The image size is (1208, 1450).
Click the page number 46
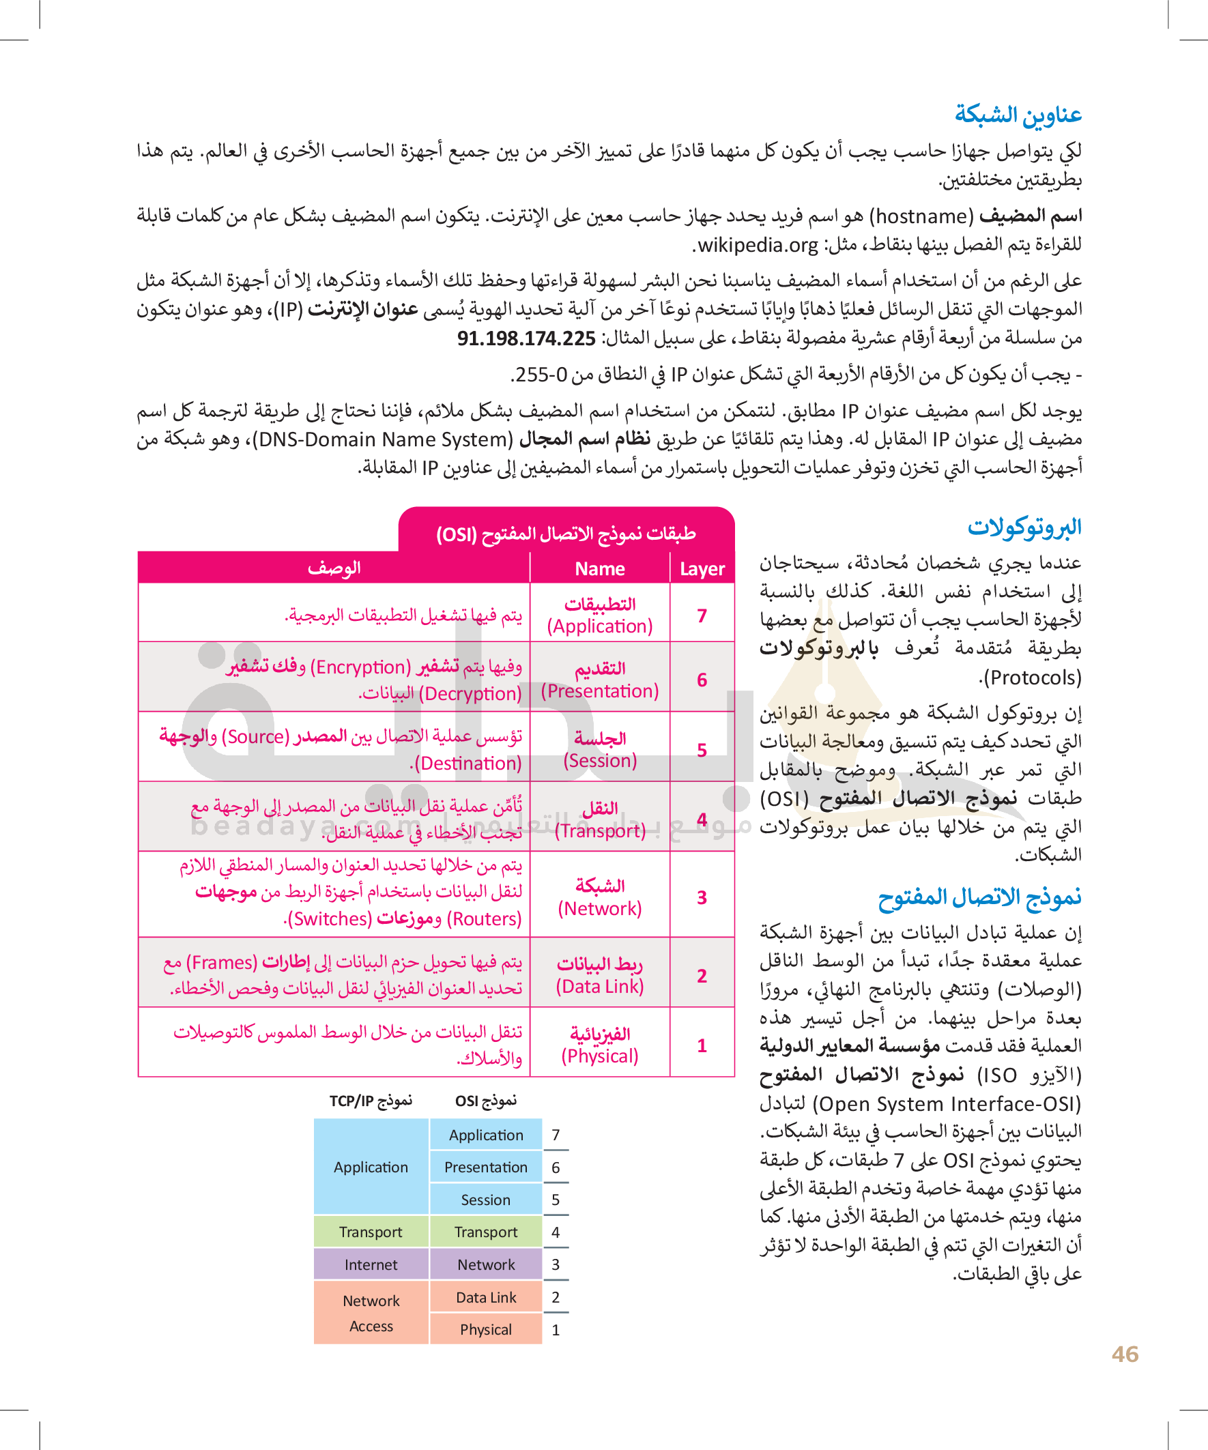1125,1354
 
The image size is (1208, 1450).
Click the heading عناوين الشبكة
1018,115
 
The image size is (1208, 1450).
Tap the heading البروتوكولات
1024,527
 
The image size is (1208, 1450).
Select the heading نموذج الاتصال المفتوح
979,897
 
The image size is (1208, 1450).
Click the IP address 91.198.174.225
526,338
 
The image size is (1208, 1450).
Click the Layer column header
702,569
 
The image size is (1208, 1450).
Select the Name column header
599,569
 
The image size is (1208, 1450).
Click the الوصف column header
334,568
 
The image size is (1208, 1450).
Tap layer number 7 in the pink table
702,615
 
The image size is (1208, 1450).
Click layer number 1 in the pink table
702,1045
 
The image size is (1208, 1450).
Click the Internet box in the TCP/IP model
371,1265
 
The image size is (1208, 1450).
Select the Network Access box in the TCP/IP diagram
371,1314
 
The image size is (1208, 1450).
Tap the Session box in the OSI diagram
485,1200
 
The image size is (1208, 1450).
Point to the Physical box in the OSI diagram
485,1330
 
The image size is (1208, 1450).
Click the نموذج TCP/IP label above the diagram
370,1101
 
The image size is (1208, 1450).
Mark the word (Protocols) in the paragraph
1030,678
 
